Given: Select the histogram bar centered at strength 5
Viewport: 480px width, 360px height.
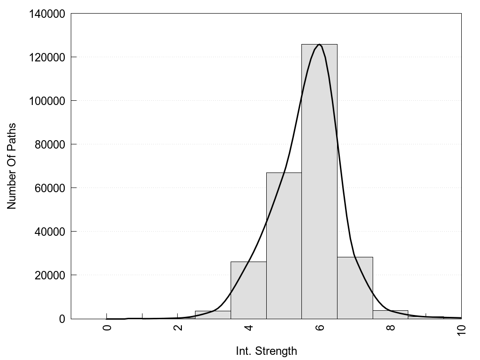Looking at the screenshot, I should click(x=284, y=246).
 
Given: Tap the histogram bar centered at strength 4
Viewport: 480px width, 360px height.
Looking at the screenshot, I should click(x=248, y=290).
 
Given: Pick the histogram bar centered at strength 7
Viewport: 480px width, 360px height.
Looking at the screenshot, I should click(x=355, y=288).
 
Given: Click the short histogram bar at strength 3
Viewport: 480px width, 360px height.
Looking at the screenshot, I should click(x=213, y=315).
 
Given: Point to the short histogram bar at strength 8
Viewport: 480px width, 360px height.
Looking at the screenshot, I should click(x=390, y=315).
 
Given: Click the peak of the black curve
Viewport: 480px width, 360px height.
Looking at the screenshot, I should click(x=319, y=45).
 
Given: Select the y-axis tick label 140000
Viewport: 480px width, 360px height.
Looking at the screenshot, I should click(x=47, y=14).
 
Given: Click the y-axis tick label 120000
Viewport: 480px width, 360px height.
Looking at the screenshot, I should click(x=47, y=57).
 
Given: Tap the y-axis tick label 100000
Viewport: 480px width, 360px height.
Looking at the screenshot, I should click(x=47, y=101).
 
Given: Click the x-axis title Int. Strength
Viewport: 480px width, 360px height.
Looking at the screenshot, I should click(x=266, y=351).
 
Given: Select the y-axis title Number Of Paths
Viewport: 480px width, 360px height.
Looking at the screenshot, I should click(x=12, y=166).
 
